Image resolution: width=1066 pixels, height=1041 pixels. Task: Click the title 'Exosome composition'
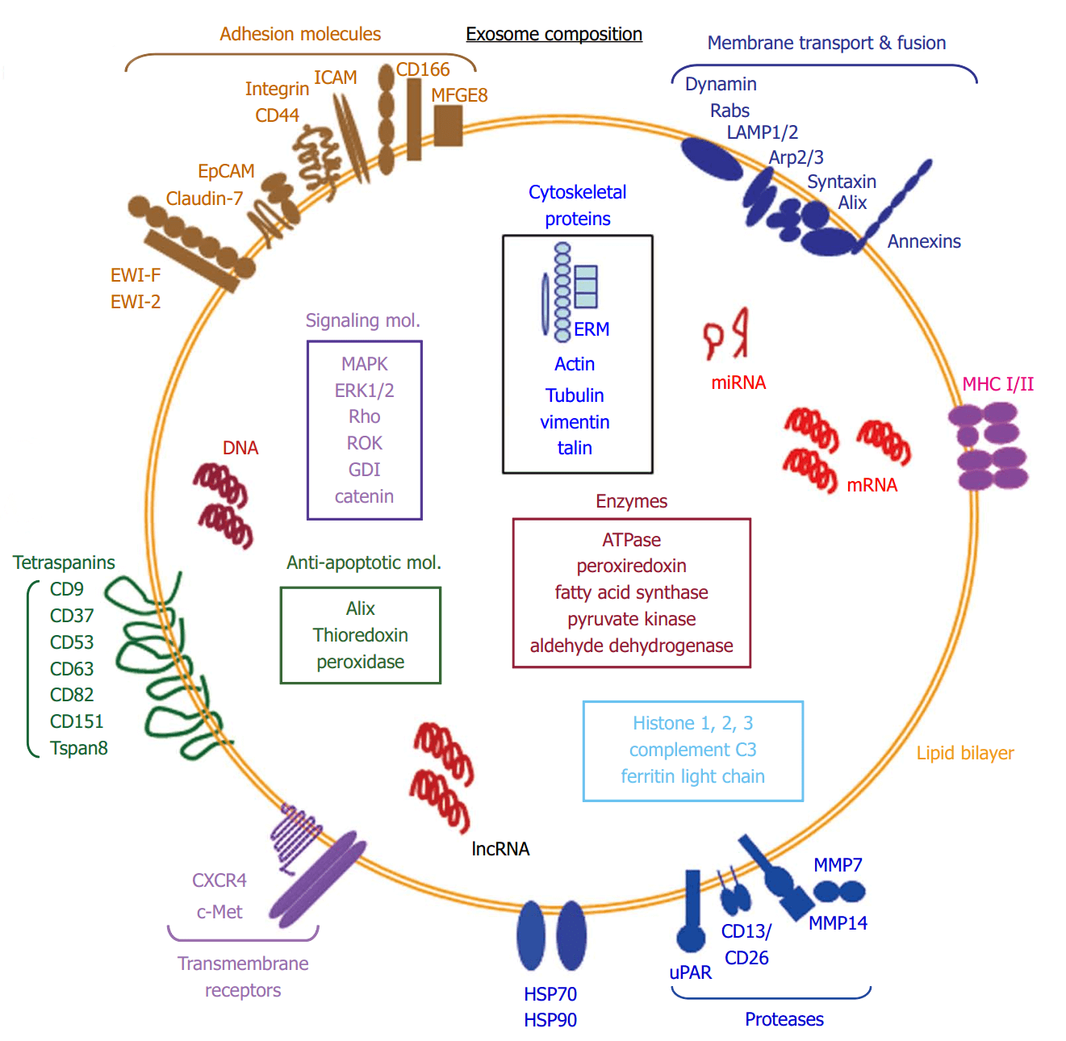(554, 34)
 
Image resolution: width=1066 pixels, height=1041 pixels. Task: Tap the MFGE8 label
(459, 95)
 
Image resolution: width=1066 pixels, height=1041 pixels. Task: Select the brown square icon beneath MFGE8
(448, 126)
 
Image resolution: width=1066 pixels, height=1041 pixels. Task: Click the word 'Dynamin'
(721, 84)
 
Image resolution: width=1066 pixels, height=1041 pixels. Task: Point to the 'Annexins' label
(924, 241)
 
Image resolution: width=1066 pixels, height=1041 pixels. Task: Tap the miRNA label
(738, 383)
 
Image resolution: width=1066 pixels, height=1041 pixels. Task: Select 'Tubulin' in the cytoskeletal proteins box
(574, 395)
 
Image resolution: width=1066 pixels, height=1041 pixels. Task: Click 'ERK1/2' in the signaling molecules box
(364, 391)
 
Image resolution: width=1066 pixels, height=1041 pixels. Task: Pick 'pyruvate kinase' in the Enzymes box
(631, 619)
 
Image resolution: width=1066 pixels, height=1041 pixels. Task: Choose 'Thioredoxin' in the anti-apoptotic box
(360, 635)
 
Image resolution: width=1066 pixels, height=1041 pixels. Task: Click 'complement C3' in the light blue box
(692, 750)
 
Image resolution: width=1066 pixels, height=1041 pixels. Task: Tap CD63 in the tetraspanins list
(72, 669)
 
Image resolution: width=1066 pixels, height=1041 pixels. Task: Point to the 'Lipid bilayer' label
(964, 753)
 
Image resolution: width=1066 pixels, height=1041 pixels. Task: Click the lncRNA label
(500, 849)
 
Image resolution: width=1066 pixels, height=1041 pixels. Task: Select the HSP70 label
(550, 994)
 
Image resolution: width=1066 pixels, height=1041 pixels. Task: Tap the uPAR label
(691, 972)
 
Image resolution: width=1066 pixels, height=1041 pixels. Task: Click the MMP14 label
(838, 923)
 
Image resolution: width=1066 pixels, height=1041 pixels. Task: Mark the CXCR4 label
(219, 880)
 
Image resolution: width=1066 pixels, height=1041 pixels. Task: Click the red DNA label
(240, 448)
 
